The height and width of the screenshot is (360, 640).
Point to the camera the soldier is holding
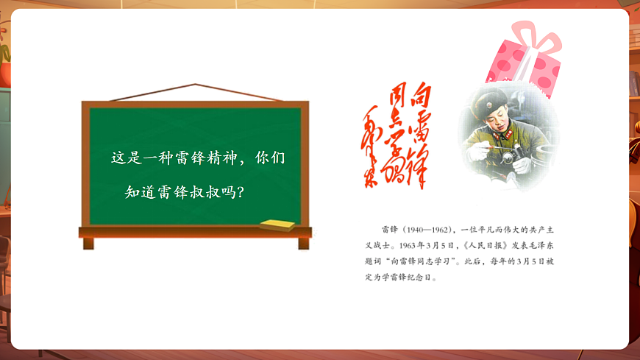(508, 152)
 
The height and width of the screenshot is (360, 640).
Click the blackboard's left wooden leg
(88, 244)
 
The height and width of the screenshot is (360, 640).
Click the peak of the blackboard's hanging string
(195, 85)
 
